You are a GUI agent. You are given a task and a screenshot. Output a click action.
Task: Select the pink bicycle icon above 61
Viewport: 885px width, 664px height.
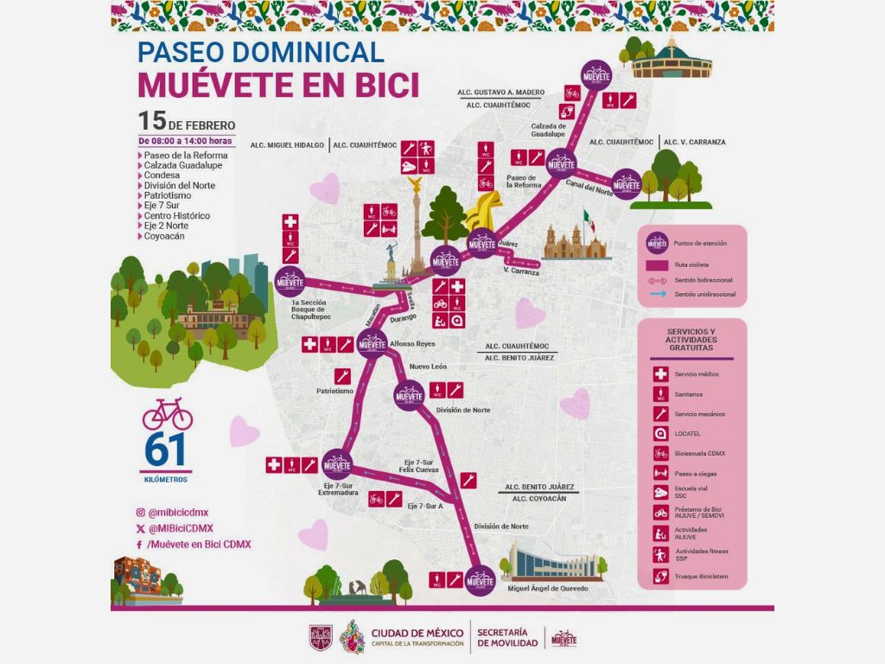[168, 414]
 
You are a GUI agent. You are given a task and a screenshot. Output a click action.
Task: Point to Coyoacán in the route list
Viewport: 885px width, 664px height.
[164, 236]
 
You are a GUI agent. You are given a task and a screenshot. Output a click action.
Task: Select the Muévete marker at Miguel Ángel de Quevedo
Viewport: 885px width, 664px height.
[480, 580]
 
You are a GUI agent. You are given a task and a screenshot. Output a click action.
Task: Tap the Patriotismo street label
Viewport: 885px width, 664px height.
[334, 391]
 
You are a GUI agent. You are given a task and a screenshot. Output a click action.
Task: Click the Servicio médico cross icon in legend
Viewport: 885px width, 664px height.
[660, 374]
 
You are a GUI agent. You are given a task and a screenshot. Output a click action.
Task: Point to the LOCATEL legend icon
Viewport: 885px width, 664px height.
[660, 434]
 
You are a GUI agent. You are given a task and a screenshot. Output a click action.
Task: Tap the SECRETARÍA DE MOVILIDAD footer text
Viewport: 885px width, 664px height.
[507, 637]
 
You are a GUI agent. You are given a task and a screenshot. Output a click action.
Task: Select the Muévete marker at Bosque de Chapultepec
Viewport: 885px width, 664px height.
[290, 281]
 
